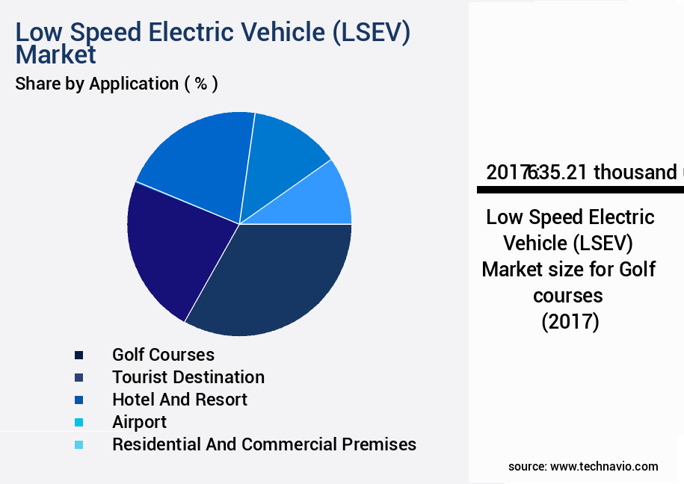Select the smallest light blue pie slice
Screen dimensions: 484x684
[x=325, y=198]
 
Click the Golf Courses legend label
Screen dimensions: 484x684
[x=163, y=355]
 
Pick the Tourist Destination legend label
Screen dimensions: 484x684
[x=188, y=377]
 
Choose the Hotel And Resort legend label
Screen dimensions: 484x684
[x=179, y=400]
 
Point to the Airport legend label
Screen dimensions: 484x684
[x=139, y=422]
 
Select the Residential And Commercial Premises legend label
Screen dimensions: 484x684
[x=264, y=444]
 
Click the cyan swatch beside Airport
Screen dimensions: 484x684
[x=78, y=422]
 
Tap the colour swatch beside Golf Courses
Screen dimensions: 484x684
[x=78, y=355]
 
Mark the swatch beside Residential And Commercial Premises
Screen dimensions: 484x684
[x=78, y=444]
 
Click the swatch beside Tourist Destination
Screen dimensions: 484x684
[x=78, y=377]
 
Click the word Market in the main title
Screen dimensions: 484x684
[x=55, y=55]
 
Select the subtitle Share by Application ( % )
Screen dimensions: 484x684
[x=117, y=84]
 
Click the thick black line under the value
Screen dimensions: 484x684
[x=580, y=190]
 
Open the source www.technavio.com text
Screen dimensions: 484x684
[x=583, y=466]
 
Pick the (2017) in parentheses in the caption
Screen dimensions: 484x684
[x=570, y=322]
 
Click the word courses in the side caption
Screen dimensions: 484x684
[x=568, y=295]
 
